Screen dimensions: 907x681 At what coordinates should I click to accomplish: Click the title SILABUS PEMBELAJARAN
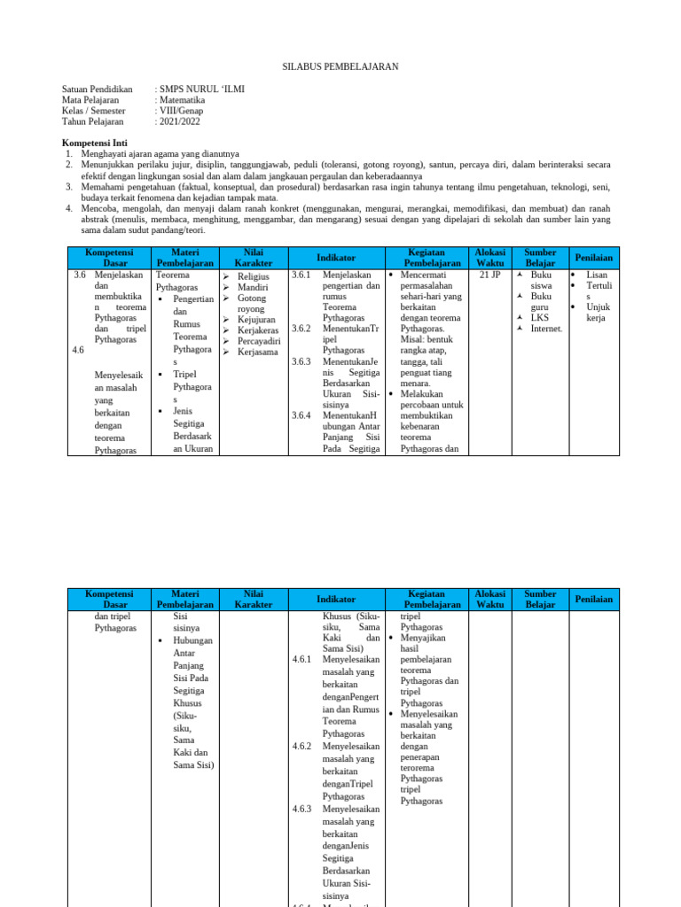tap(340, 66)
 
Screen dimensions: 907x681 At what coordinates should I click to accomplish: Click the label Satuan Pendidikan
tap(98, 89)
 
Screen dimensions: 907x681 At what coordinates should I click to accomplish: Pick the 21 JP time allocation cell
tap(489, 275)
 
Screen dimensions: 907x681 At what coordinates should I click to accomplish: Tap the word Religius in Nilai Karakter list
tap(253, 276)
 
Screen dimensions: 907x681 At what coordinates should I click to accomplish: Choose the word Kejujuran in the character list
tap(256, 320)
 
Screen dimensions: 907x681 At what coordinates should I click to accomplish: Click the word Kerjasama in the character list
tap(257, 352)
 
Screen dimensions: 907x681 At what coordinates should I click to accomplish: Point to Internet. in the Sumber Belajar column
tap(546, 329)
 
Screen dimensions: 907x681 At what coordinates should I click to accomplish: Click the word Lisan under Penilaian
tap(597, 275)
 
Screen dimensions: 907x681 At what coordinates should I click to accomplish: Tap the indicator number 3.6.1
tap(301, 275)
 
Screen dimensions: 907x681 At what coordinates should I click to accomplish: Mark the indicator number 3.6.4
tap(301, 415)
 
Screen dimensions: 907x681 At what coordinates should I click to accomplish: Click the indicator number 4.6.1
tap(301, 659)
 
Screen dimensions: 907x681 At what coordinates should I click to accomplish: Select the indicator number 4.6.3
tap(301, 809)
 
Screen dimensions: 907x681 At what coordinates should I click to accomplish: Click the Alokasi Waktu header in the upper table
tap(489, 257)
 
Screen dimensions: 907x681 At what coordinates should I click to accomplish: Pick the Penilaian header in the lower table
tap(593, 599)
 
